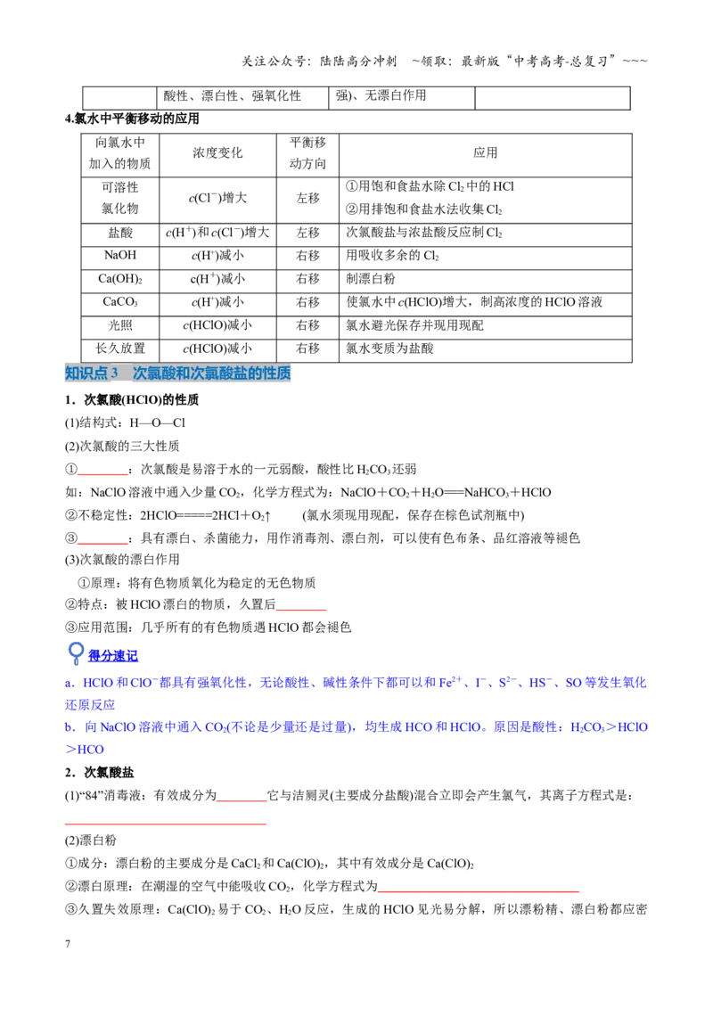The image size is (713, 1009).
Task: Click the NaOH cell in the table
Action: (x=120, y=256)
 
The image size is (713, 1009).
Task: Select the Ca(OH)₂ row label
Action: (x=120, y=279)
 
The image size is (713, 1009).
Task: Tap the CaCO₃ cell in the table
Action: (x=120, y=302)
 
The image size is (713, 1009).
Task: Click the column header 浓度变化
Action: (x=217, y=153)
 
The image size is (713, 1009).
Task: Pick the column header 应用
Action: (x=485, y=153)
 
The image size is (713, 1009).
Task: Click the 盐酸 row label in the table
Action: (x=120, y=233)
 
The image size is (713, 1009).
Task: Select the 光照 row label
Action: (x=120, y=325)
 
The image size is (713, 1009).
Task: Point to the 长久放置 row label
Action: (x=120, y=349)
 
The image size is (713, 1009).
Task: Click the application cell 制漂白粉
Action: (x=371, y=279)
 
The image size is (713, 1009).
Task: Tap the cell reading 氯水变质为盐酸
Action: (x=390, y=349)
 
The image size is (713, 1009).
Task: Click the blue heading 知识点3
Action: (x=92, y=373)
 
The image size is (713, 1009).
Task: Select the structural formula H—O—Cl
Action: (x=157, y=422)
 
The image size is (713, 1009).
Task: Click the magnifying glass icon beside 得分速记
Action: (x=75, y=653)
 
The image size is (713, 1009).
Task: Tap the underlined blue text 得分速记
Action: (x=112, y=656)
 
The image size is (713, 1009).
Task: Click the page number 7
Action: (x=68, y=944)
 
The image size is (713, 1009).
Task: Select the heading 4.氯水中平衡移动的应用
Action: (x=132, y=119)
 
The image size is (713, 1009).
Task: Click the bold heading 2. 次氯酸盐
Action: (x=99, y=772)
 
